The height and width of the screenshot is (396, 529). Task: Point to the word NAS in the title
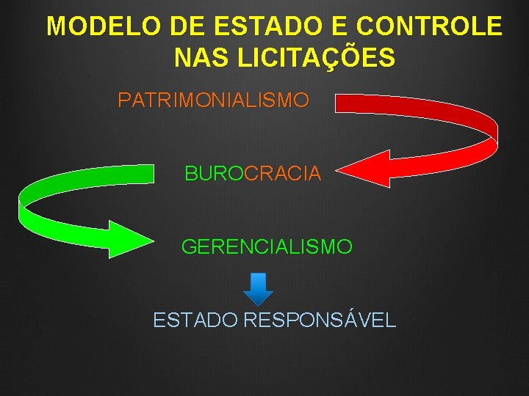(x=197, y=57)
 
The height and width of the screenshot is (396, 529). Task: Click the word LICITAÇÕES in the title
(x=312, y=57)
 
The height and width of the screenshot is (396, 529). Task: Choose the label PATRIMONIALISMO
(x=213, y=100)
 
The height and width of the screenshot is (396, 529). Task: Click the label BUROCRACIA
(x=253, y=174)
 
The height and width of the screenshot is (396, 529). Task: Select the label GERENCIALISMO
(x=267, y=247)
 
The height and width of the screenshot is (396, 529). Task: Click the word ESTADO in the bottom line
(x=195, y=320)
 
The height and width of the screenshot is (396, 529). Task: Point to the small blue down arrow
(x=258, y=288)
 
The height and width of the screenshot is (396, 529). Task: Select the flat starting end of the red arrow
(x=338, y=102)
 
